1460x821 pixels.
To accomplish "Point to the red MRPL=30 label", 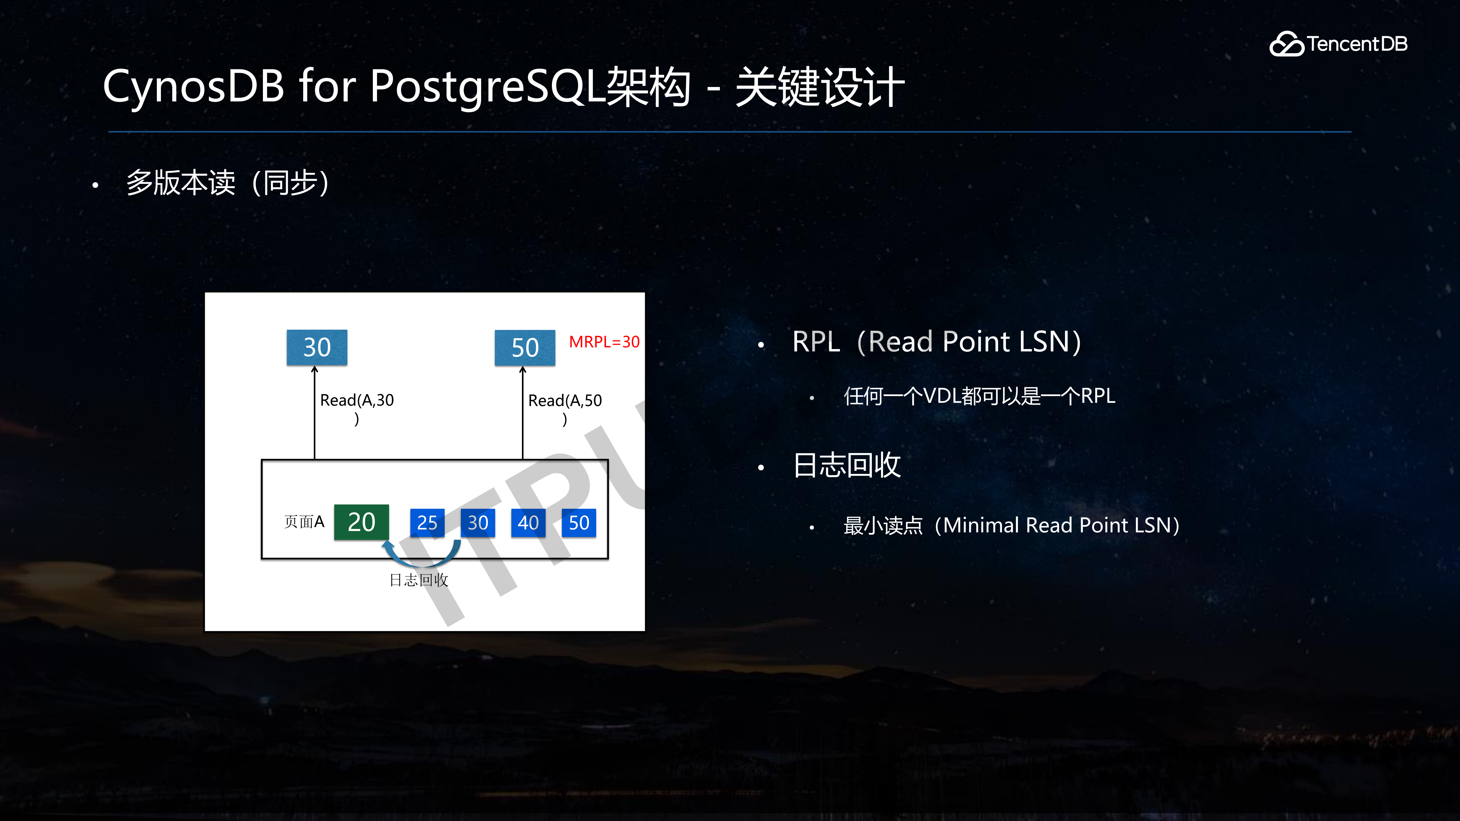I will click(x=604, y=342).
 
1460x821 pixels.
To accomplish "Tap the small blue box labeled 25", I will click(x=427, y=522).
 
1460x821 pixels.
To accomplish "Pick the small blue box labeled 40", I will click(x=528, y=522).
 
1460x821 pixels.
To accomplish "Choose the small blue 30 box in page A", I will click(x=478, y=522).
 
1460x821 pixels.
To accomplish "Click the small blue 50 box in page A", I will click(x=579, y=522).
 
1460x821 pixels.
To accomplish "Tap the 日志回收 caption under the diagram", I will click(x=419, y=580).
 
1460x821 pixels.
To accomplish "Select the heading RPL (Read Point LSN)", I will click(x=936, y=342).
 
